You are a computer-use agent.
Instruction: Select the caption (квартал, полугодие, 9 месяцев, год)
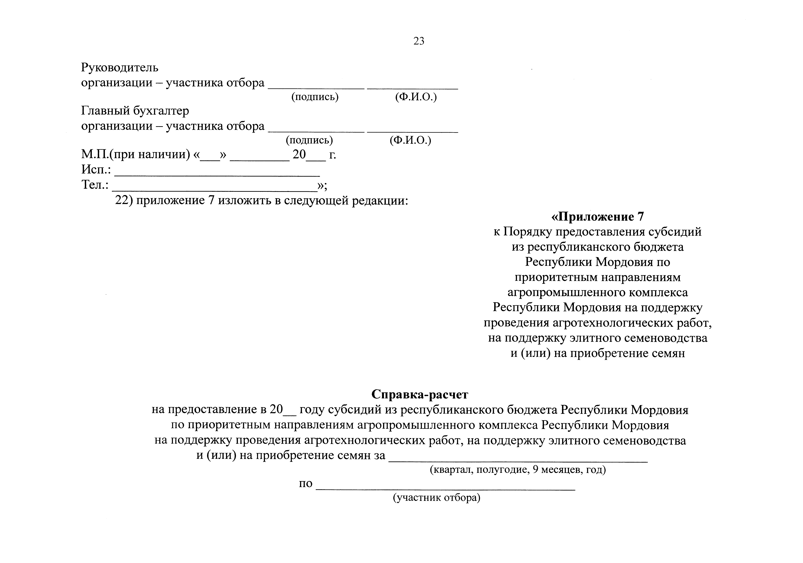click(x=518, y=470)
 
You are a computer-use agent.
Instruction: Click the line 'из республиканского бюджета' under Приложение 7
click(x=597, y=247)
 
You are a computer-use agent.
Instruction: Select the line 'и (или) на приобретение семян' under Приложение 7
click(x=597, y=353)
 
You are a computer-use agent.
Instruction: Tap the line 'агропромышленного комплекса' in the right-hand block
click(x=597, y=293)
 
